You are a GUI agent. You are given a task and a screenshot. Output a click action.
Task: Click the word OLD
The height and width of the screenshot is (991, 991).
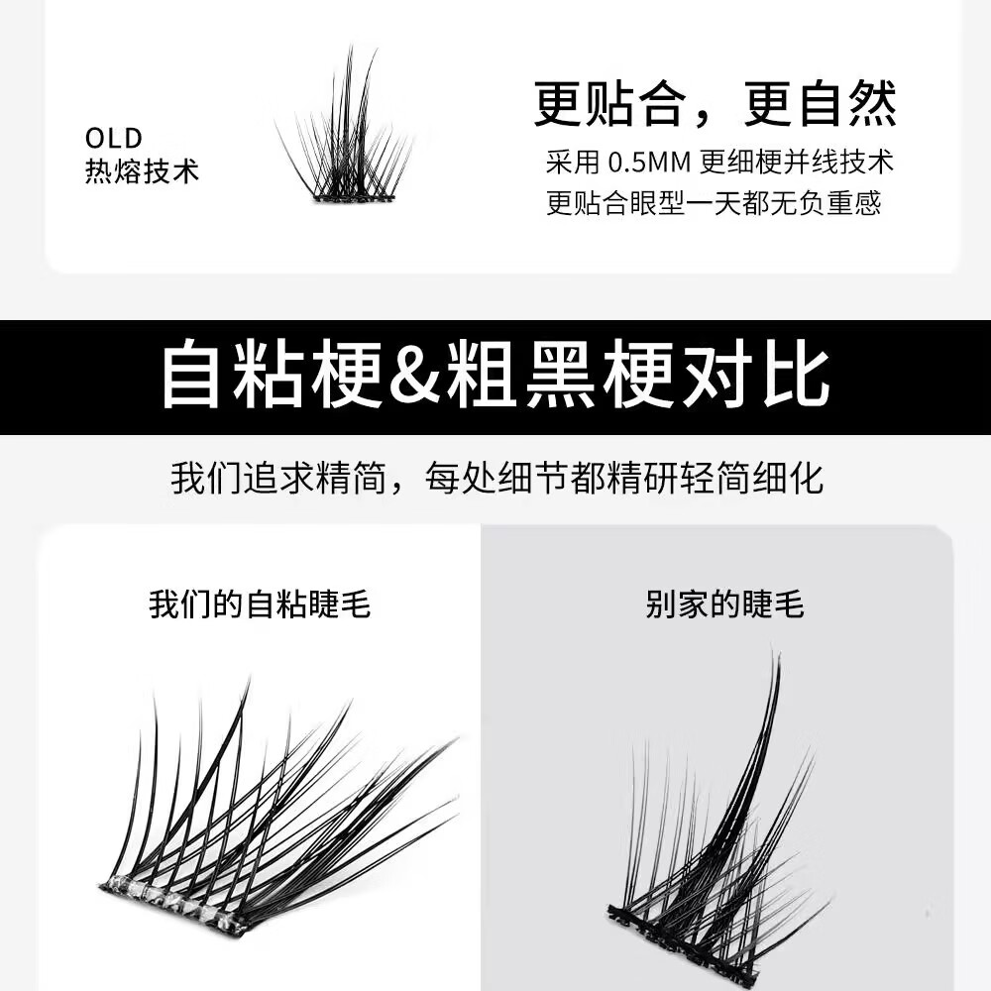pos(113,138)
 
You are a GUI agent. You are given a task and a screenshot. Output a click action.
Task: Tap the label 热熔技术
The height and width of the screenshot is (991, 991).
pos(142,170)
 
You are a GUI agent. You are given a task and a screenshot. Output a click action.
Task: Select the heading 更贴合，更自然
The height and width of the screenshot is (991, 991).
pos(715,104)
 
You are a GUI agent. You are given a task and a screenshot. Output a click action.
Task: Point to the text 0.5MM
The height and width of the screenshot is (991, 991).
pos(647,161)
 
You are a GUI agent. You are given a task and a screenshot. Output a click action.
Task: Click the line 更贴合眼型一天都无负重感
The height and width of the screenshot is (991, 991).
pos(714,204)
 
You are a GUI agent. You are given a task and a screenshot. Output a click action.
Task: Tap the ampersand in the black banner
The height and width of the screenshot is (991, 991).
pos(414,377)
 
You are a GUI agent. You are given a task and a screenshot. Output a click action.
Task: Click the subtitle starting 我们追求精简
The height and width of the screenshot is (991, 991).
pos(496,479)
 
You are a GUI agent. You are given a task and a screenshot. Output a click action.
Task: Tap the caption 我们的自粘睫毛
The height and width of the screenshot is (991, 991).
pos(260,604)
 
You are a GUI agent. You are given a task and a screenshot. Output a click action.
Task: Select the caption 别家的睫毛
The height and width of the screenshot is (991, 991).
pos(724,605)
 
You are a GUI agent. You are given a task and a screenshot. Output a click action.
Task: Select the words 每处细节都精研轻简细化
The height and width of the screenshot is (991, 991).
pos(624,479)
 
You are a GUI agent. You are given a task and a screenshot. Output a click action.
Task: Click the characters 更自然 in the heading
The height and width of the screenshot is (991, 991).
pos(820,104)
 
